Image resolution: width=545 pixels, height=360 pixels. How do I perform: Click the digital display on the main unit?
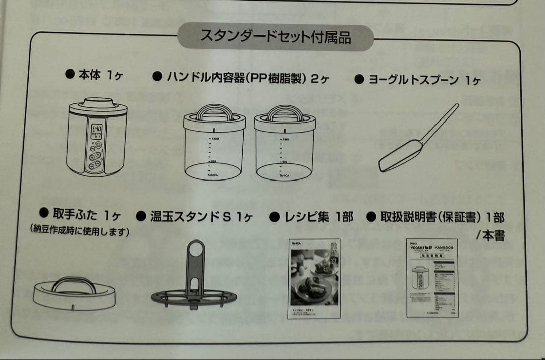click(96, 132)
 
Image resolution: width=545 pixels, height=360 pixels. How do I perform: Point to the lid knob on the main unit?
click(98, 102)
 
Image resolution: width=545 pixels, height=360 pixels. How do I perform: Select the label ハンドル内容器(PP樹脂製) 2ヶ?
click(241, 78)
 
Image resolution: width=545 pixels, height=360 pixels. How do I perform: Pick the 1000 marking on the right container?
click(286, 139)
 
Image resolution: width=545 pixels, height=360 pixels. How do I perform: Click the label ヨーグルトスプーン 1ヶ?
click(418, 80)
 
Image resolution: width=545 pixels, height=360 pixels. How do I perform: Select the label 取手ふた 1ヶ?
click(80, 215)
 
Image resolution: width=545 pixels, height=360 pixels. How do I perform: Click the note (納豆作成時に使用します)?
click(80, 232)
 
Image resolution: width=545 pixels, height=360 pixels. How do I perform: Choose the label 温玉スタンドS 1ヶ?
click(194, 217)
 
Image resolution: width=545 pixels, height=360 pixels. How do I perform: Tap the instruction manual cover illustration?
click(432, 278)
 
